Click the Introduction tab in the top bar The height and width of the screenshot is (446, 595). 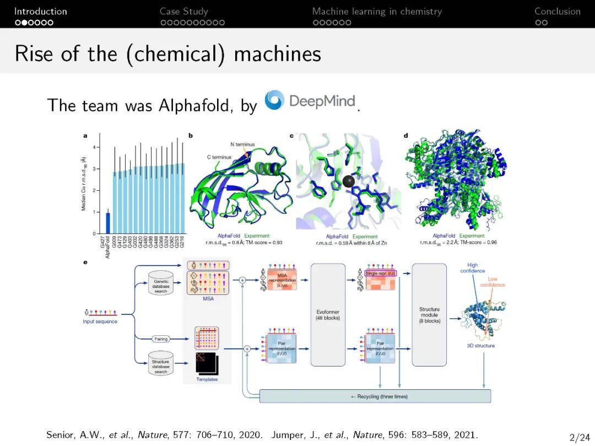40,11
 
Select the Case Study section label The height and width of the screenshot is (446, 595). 184,11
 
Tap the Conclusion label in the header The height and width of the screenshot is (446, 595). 557,11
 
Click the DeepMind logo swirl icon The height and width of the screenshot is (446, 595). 274,100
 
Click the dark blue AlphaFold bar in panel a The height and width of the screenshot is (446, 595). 108,223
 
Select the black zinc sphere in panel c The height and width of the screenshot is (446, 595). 348,182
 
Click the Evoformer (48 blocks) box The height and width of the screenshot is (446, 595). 328,314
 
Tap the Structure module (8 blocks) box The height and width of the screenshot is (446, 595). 429,314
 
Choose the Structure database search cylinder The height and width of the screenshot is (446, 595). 161,363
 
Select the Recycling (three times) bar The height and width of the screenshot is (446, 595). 375,396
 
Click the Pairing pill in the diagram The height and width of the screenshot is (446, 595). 161,338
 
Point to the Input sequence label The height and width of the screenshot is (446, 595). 100,321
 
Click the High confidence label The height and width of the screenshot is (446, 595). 472,268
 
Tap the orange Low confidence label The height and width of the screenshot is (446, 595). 492,282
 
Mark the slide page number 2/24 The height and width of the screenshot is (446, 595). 579,438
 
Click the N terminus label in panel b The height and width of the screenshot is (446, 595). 242,144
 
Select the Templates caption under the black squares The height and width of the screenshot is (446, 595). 207,379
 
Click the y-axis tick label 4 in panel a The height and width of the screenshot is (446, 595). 94,147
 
